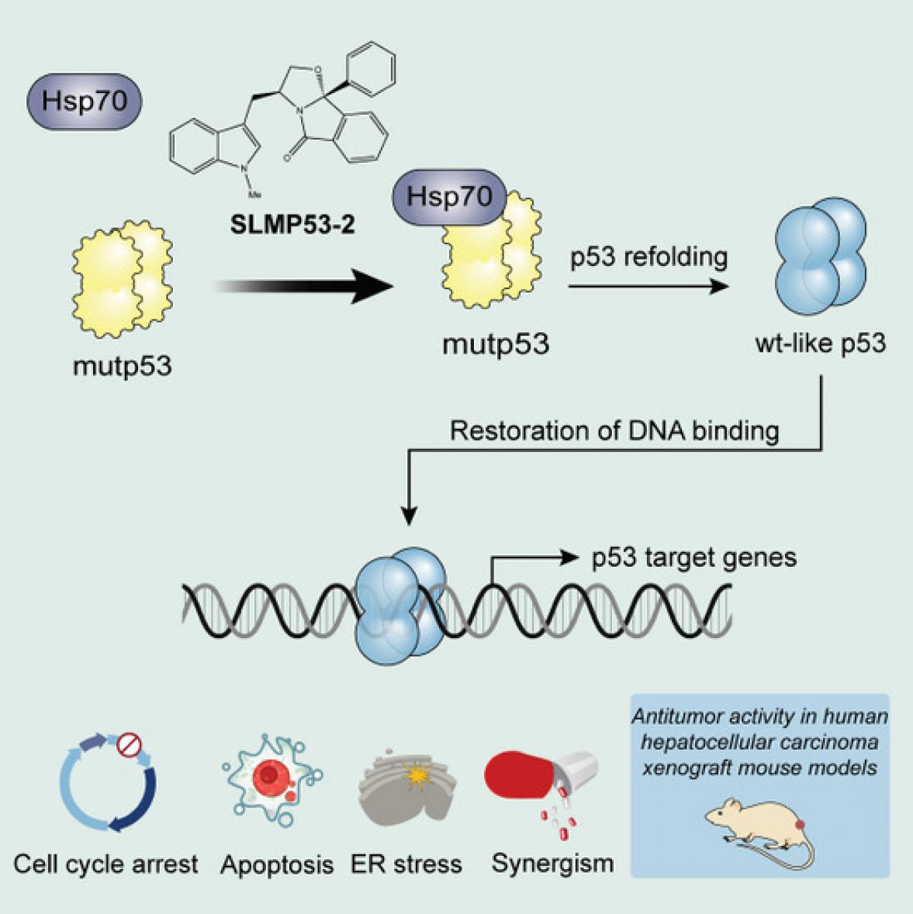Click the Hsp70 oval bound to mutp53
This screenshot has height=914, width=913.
coord(450,197)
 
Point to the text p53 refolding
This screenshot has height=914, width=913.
coord(649,257)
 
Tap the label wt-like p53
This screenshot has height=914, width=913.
coord(820,342)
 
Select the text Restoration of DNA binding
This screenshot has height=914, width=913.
coord(614,430)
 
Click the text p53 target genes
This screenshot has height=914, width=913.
coord(693,557)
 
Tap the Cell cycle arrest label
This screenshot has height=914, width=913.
coord(106,864)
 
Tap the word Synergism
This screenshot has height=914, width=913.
coord(552,863)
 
